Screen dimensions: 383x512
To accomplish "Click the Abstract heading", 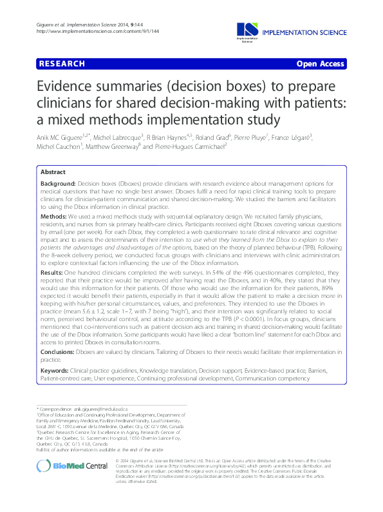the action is pyautogui.click(x=53, y=173).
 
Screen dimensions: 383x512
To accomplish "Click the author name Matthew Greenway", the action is pyautogui.click(x=113, y=147).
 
